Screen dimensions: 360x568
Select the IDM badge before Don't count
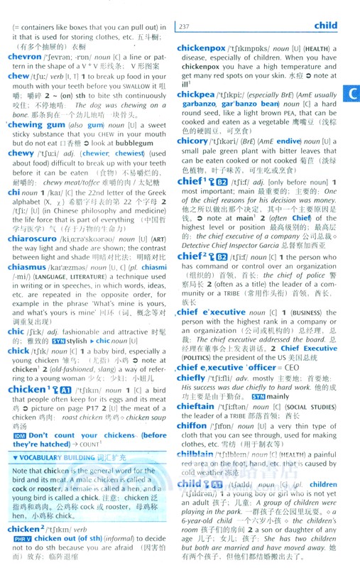pos(17,435)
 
